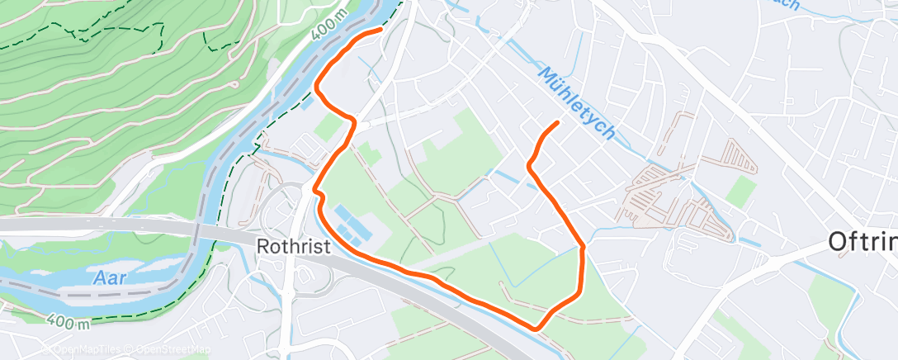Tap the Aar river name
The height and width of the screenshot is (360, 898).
pyautogui.click(x=111, y=277)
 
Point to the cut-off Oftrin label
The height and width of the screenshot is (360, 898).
pyautogui.click(x=863, y=242)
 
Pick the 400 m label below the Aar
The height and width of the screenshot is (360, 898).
pyautogui.click(x=69, y=321)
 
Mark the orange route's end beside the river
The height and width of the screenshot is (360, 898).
pyautogui.click(x=380, y=30)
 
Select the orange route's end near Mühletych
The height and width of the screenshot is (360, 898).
pyautogui.click(x=558, y=123)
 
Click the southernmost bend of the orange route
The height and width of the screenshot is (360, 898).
pyautogui.click(x=536, y=329)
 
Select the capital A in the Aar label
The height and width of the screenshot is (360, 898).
pyautogui.click(x=99, y=277)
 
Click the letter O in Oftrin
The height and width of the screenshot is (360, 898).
pyautogui.click(x=839, y=242)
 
